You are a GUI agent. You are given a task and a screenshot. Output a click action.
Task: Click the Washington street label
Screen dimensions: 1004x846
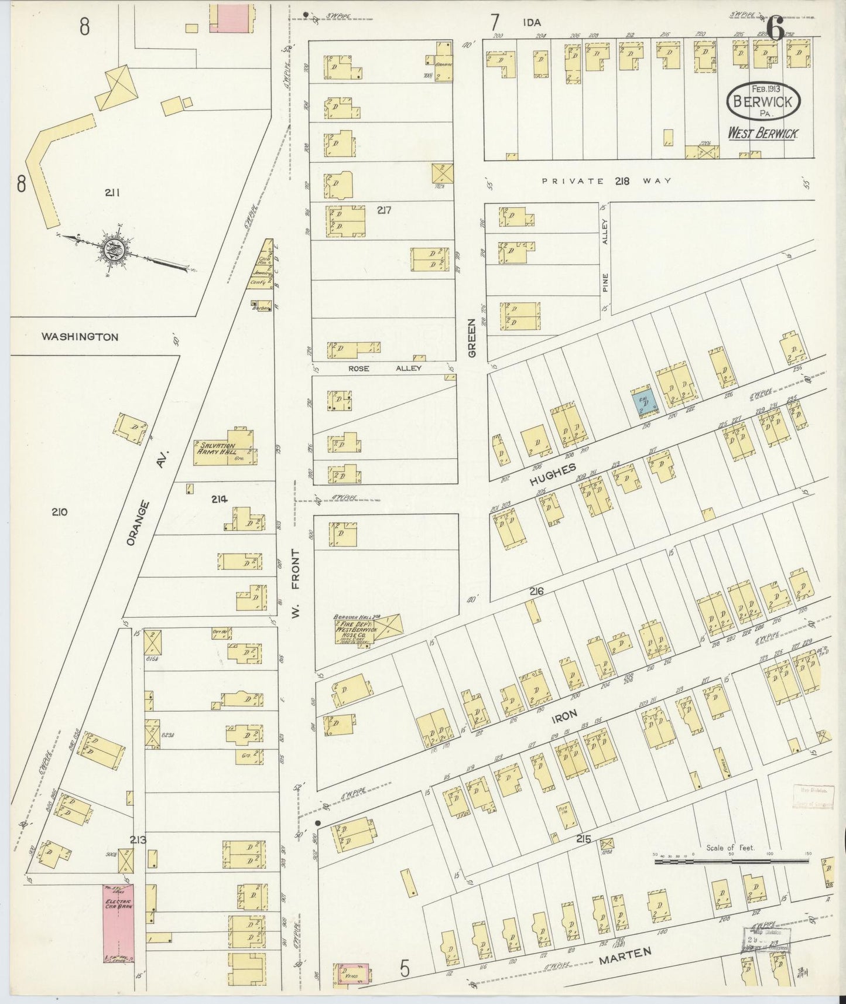coord(80,337)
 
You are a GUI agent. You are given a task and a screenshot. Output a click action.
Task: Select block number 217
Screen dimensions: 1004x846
coord(384,211)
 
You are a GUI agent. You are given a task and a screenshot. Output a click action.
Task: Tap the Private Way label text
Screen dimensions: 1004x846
coord(606,181)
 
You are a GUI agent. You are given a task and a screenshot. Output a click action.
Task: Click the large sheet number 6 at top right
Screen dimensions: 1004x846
coord(775,28)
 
